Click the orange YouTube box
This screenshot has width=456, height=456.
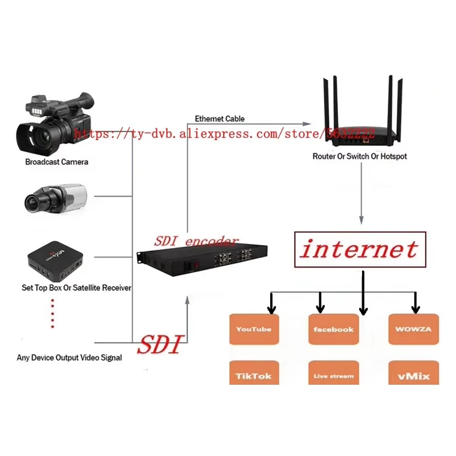(x=254, y=329)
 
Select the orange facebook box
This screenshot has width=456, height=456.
(x=333, y=329)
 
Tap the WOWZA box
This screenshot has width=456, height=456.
(x=414, y=329)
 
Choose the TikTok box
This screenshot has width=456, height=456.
(x=254, y=373)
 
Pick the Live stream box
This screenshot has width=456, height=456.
(x=333, y=373)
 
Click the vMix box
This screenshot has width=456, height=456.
(x=414, y=373)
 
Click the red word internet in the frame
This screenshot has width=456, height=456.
(x=360, y=249)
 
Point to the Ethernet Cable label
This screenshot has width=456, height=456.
(x=219, y=119)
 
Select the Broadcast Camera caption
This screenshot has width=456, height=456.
(x=56, y=162)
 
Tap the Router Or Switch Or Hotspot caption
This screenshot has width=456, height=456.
(x=360, y=156)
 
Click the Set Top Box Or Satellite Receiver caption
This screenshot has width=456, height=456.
(x=76, y=288)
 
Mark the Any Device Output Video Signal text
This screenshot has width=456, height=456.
(x=69, y=357)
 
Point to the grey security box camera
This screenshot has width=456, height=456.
(x=55, y=198)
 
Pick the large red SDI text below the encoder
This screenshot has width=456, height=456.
(x=161, y=344)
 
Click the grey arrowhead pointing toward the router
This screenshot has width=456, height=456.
(x=307, y=124)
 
